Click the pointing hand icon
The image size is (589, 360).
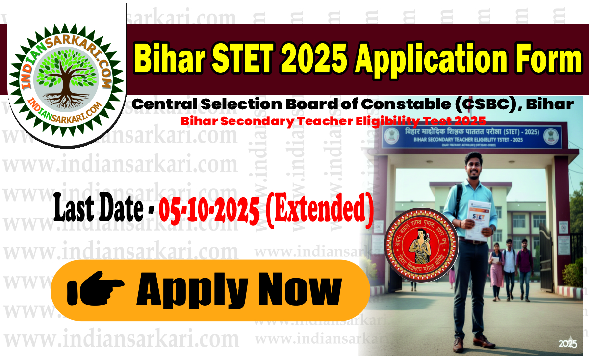(95, 290)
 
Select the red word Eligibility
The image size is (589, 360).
(381, 121)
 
